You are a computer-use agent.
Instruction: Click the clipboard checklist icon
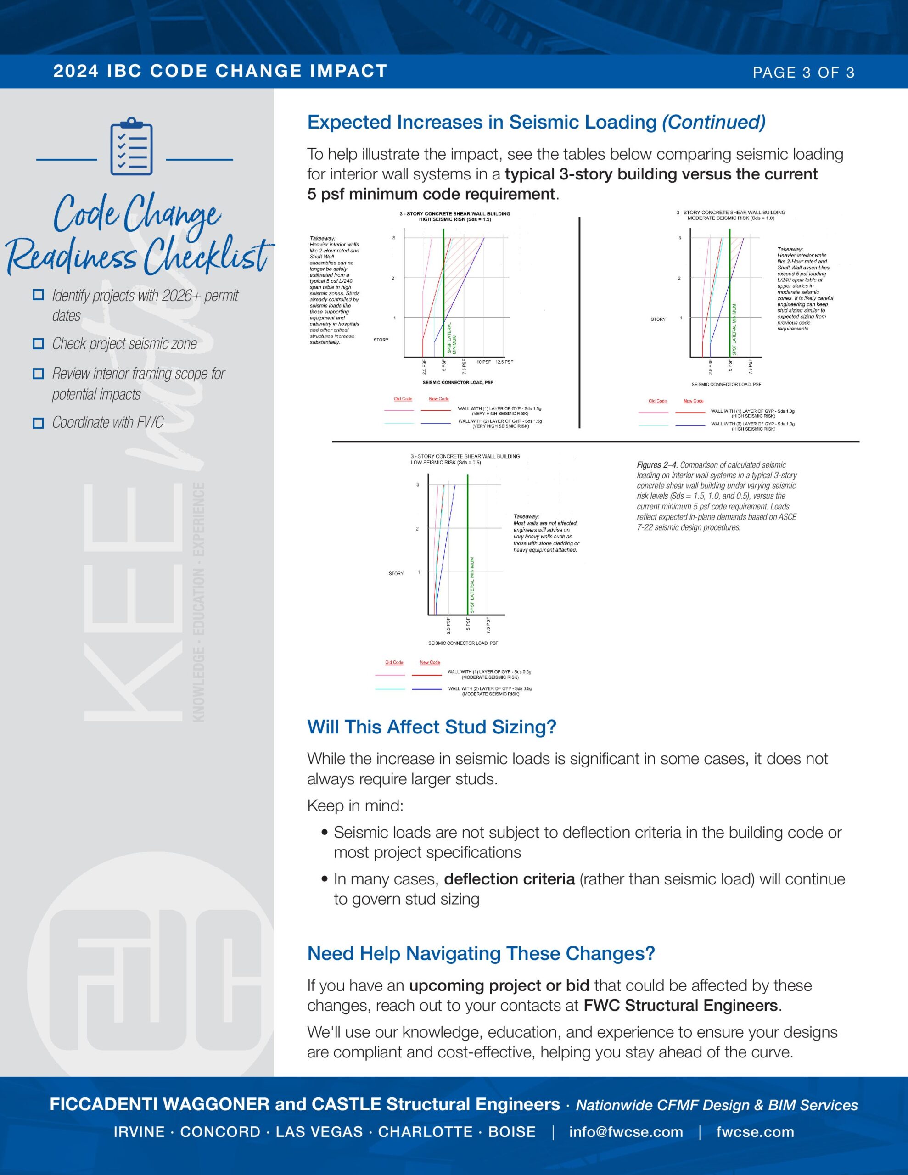point(131,146)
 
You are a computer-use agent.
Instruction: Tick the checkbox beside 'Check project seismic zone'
point(38,344)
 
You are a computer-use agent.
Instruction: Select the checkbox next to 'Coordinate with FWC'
point(38,423)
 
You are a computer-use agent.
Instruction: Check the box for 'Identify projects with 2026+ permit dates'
point(38,295)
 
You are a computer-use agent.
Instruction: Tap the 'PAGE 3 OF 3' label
point(803,73)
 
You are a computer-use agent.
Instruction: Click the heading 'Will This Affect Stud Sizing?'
point(431,727)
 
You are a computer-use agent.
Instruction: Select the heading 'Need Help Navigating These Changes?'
point(481,953)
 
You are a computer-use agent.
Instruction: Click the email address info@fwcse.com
point(626,1132)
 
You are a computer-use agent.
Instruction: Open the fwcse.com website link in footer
point(755,1132)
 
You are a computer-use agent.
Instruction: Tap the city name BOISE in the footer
point(511,1132)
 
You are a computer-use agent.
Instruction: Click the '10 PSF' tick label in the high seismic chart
point(483,362)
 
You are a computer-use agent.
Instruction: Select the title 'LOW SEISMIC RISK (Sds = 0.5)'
point(446,463)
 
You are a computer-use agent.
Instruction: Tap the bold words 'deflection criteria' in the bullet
point(509,879)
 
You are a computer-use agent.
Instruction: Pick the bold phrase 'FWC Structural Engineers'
point(681,1006)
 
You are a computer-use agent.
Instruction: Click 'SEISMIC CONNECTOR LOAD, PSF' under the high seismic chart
point(458,382)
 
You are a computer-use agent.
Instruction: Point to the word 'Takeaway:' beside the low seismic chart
point(526,516)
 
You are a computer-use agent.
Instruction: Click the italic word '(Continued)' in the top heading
point(713,122)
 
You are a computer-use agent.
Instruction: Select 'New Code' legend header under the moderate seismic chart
point(693,401)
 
